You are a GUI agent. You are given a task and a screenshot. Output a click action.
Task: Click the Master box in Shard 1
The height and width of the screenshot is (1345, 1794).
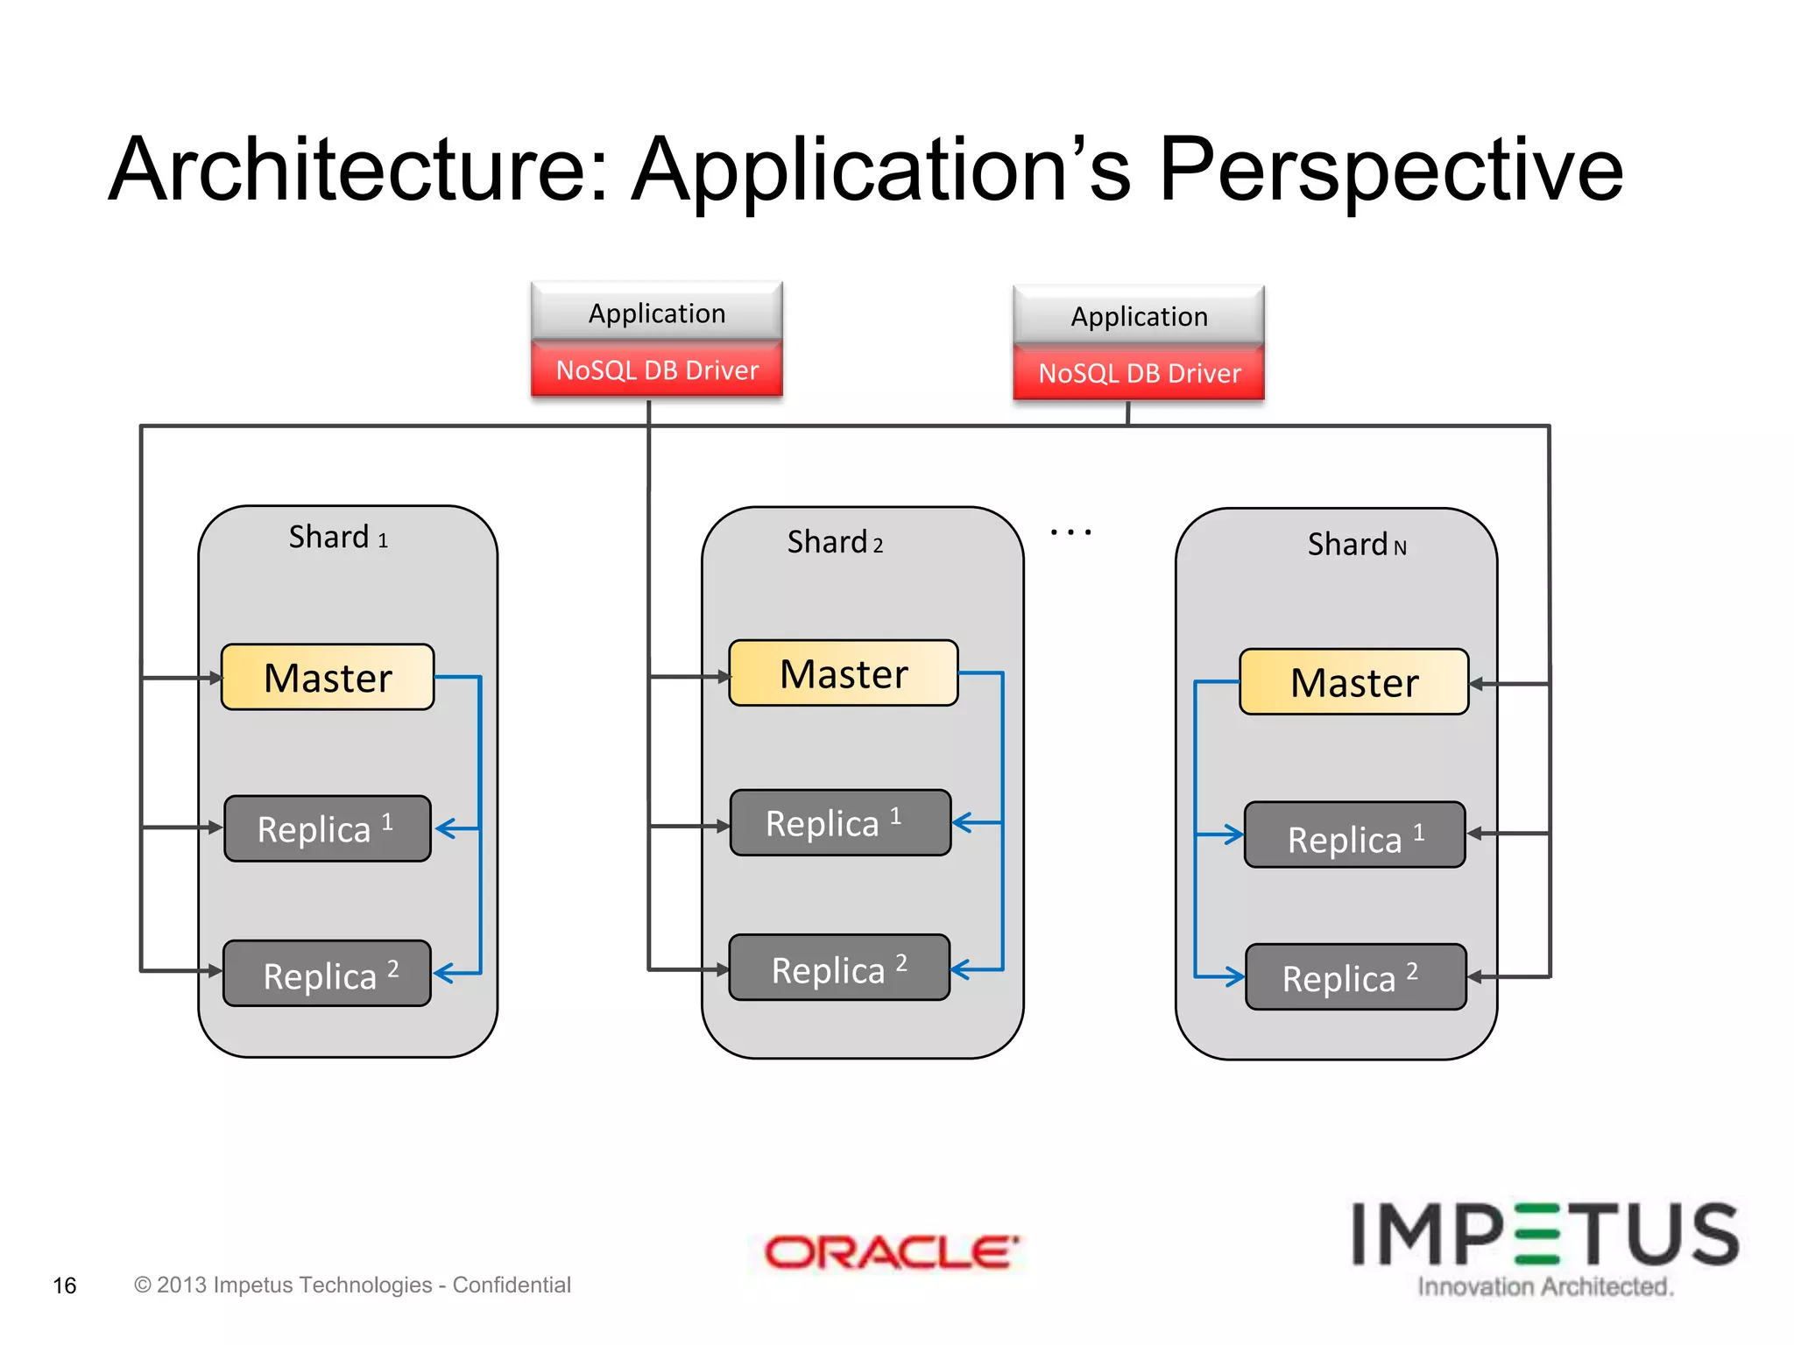click(328, 678)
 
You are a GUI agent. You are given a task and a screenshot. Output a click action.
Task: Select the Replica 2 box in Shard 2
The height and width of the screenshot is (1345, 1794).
click(839, 968)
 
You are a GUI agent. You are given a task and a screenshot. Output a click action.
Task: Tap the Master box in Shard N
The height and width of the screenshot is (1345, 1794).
click(1353, 682)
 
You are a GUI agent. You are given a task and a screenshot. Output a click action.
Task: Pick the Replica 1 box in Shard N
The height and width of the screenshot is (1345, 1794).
click(1354, 835)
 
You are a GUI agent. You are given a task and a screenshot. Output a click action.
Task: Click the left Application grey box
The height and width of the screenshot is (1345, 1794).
click(657, 313)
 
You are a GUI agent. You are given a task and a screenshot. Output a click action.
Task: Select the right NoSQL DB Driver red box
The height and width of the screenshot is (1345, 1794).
click(1139, 374)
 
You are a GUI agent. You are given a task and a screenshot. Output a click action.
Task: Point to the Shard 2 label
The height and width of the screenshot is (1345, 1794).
click(835, 542)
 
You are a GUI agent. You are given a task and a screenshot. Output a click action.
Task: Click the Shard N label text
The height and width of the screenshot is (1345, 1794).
click(1356, 545)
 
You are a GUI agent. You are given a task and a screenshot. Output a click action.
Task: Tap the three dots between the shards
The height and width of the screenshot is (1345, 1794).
click(1070, 532)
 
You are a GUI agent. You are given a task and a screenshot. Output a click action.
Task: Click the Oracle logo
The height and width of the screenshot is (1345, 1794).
click(891, 1252)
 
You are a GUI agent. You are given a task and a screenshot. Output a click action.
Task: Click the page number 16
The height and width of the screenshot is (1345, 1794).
click(65, 1285)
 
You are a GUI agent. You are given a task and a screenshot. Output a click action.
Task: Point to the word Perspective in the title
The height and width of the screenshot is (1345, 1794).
click(1391, 170)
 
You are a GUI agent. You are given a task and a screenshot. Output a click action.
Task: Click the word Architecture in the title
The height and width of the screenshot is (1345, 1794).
click(358, 170)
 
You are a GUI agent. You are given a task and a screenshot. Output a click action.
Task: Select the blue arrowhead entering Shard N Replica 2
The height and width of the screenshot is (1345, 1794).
click(1234, 976)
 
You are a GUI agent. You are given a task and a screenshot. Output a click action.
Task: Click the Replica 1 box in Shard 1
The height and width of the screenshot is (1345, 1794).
click(328, 829)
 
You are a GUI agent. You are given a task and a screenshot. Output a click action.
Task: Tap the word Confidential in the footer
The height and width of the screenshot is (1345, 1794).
click(512, 1285)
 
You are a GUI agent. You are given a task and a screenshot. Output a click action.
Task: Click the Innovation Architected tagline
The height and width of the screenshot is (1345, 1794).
click(1545, 1286)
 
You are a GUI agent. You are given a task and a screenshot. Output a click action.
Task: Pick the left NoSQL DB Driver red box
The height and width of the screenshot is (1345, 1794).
click(657, 370)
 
